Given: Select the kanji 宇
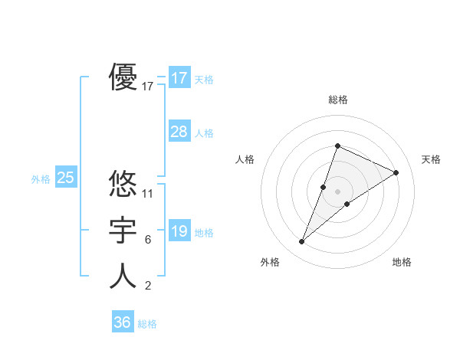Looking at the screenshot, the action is coord(123,230).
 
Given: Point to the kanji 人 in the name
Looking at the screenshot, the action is coord(123,276).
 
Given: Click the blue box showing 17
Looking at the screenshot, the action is coord(179,78).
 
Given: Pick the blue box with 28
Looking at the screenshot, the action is coord(179,132).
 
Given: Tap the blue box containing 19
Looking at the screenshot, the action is coord(179,231).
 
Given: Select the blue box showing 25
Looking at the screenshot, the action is coord(66,178).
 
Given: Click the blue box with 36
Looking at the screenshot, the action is coord(123,322).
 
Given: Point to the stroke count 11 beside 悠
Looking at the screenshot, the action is coord(148,193).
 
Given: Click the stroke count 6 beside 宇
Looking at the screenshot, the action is coord(148,240).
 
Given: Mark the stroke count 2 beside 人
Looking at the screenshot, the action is coord(148,286).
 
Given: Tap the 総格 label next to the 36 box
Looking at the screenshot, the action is coord(147,324).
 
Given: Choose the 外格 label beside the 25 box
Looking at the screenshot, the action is coord(41,179).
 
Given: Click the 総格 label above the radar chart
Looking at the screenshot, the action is coord(337,100).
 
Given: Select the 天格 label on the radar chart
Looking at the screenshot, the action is coord(431,159).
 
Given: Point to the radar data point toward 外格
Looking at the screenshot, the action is coord(302,242).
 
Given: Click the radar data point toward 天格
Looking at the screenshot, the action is coord(396,172).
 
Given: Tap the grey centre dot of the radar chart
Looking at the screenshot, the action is coord(337,191).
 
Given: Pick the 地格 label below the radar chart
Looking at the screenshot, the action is coord(402,262).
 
